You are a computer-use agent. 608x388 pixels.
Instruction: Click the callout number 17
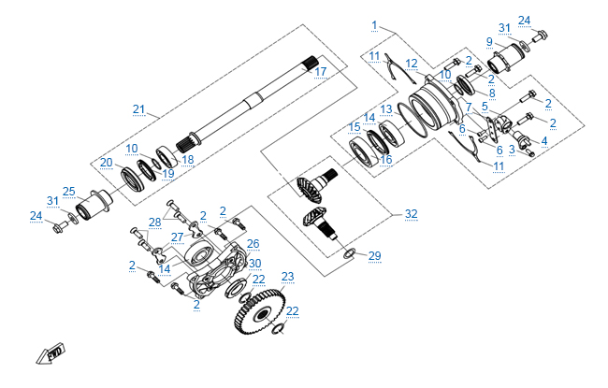[x=320, y=72]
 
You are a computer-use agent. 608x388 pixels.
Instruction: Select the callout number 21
[x=139, y=110]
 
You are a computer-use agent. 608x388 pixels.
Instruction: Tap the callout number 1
[x=374, y=24]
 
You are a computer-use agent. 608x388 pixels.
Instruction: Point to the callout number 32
[x=411, y=214]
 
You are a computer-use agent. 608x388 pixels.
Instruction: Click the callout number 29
[x=375, y=255]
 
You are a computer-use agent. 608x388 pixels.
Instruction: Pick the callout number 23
[x=287, y=276]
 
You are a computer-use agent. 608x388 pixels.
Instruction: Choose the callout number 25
[x=69, y=192]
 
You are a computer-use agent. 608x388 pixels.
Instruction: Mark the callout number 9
[x=489, y=42]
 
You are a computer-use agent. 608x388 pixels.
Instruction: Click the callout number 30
[x=254, y=263]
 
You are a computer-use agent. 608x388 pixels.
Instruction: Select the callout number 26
[x=253, y=243]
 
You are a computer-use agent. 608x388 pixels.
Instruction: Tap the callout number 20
[x=107, y=162]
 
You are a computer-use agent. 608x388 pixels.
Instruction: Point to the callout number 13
[x=386, y=109]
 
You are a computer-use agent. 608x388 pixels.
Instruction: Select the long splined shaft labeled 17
[x=253, y=102]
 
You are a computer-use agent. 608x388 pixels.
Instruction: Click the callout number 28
[x=154, y=221]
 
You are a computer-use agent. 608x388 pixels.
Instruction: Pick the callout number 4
[x=544, y=141]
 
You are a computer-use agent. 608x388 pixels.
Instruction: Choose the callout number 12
[x=412, y=64]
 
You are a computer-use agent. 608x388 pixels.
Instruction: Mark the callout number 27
[x=177, y=237]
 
